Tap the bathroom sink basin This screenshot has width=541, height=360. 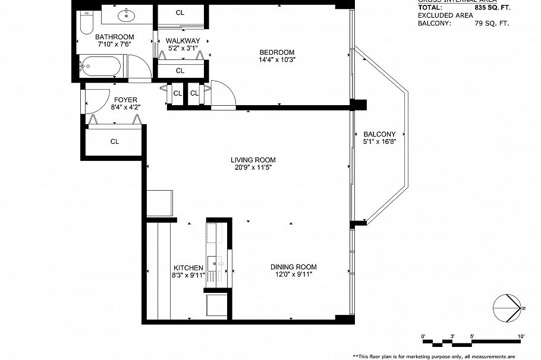tap(127, 15)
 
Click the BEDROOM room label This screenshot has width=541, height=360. tap(276, 52)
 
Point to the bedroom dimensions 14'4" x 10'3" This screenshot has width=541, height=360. tap(276, 59)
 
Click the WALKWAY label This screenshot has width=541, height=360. tap(183, 40)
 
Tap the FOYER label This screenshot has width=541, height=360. tap(125, 100)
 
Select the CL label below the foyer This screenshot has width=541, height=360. tap(114, 141)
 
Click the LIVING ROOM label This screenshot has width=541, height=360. tap(253, 160)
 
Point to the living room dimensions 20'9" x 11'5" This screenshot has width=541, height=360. tap(253, 168)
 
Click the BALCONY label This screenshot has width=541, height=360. tap(379, 134)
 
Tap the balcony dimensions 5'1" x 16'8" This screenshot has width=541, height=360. tap(379, 142)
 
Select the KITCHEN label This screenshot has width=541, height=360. tap(188, 268)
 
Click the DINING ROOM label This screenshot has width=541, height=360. tap(293, 267)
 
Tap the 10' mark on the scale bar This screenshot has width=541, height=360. tap(521, 337)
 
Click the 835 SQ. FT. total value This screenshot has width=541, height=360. tap(493, 7)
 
